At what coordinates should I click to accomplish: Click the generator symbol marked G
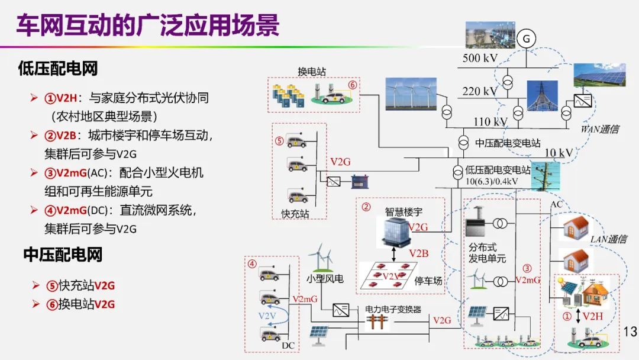click(x=525, y=38)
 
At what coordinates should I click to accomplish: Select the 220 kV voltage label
click(x=480, y=91)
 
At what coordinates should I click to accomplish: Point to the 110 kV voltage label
click(x=490, y=122)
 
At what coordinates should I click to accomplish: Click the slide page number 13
click(x=630, y=330)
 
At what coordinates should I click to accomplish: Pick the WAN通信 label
click(x=600, y=128)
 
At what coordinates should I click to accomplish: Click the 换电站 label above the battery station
click(x=311, y=72)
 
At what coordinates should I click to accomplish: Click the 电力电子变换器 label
click(x=393, y=309)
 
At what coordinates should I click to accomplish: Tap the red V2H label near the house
click(x=593, y=316)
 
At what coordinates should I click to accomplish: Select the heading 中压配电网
click(x=63, y=255)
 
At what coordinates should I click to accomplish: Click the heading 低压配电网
click(x=57, y=69)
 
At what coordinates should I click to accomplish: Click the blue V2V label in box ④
click(x=267, y=316)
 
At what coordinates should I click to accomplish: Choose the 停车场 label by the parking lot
click(x=429, y=281)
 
